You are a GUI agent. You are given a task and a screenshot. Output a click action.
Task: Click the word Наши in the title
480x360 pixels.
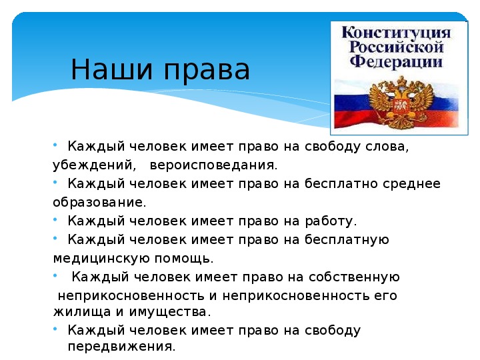click(111, 69)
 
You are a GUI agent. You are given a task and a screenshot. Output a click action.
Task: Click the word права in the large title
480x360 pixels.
click(207, 72)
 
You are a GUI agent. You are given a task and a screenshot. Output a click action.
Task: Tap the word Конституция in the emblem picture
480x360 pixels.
click(396, 33)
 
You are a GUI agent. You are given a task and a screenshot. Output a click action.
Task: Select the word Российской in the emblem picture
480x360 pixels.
click(397, 47)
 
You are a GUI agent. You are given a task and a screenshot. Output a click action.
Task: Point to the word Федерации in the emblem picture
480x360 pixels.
click(396, 61)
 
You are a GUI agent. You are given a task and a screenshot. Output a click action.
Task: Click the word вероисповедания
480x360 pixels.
click(213, 165)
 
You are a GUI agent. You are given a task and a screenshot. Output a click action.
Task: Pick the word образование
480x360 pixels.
click(99, 203)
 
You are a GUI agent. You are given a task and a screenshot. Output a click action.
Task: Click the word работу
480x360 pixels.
click(331, 221)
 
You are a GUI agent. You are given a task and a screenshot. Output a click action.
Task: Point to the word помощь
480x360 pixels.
click(184, 259)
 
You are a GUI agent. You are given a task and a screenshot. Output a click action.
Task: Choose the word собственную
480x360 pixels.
click(354, 277)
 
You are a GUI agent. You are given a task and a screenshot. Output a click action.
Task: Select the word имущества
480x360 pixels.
click(170, 312)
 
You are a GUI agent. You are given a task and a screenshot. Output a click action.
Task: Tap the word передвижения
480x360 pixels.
click(121, 347)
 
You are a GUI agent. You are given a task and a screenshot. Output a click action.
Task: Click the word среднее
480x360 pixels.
click(411, 184)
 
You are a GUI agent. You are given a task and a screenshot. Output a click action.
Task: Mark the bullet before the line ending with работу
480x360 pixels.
click(55, 219)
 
